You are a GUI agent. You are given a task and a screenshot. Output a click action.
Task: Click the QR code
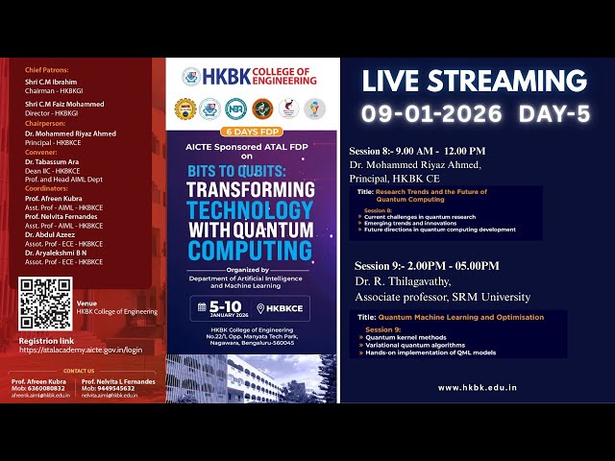(46, 303)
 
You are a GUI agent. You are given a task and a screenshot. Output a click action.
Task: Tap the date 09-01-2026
(431, 113)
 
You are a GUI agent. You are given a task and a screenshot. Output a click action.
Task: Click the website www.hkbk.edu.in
(477, 388)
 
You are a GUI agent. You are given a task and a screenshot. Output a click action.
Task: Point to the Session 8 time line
(417, 151)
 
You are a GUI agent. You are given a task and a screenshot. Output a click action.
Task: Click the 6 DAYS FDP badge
(252, 130)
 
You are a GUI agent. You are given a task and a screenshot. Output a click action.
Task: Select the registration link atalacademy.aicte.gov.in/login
(81, 351)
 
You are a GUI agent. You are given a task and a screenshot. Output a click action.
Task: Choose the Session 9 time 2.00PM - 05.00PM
(427, 265)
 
